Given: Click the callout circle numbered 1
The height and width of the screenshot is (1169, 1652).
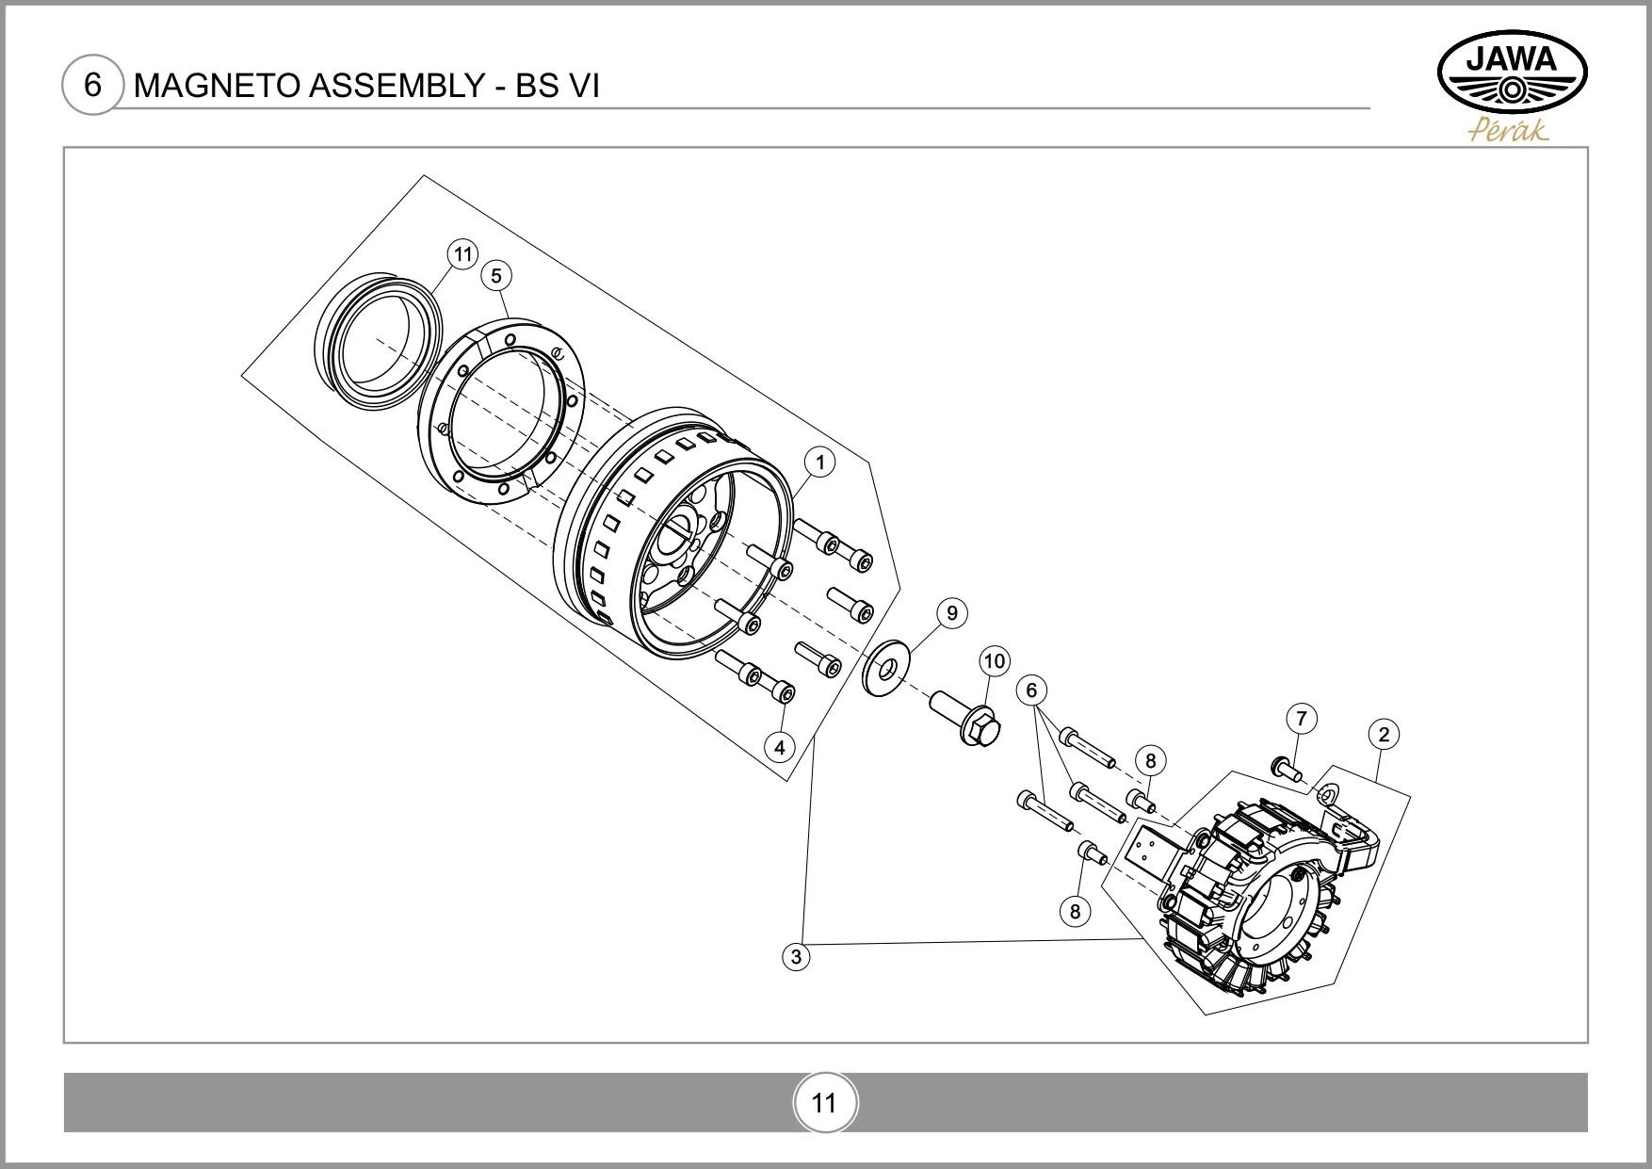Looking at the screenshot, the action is pyautogui.click(x=820, y=463).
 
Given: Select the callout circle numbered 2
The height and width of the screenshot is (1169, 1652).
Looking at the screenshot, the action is pyautogui.click(x=1384, y=735).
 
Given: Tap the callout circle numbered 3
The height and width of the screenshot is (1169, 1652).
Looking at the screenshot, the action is pyautogui.click(x=796, y=957).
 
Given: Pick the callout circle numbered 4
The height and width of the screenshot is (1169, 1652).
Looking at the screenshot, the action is pyautogui.click(x=780, y=748).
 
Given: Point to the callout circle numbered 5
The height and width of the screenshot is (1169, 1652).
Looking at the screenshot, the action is pyautogui.click(x=495, y=276).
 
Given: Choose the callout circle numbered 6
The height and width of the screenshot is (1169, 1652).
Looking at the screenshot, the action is pyautogui.click(x=1031, y=690).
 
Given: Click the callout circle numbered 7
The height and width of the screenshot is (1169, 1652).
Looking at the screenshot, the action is pyautogui.click(x=1301, y=719).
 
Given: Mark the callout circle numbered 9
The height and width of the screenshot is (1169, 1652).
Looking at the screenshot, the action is pyautogui.click(x=952, y=613).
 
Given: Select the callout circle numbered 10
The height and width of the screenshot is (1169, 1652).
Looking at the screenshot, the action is pyautogui.click(x=995, y=661).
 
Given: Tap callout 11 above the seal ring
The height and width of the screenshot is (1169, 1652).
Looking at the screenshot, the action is pyautogui.click(x=462, y=254).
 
